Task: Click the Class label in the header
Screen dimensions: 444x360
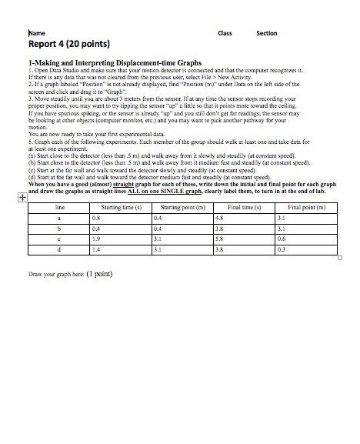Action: point(225,33)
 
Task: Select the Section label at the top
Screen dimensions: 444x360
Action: point(266,33)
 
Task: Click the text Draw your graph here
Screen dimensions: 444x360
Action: point(60,273)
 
